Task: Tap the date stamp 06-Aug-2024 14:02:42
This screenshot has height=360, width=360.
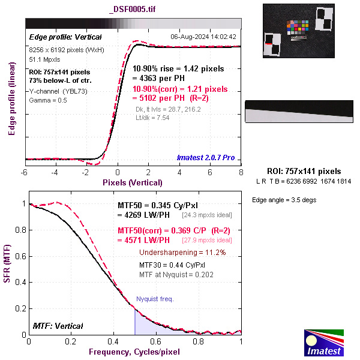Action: point(203,37)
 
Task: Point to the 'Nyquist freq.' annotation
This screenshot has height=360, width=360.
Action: point(154,298)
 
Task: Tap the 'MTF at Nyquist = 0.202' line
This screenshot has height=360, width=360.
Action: point(176,274)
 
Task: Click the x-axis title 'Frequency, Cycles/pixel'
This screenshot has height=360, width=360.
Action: point(134,351)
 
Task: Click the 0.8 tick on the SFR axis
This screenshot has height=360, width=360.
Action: point(20,230)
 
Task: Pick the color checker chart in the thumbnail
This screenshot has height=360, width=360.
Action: point(298,28)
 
